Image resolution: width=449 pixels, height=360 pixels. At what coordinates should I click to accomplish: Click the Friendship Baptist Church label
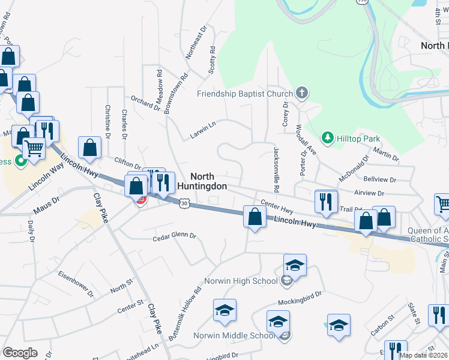[245, 94]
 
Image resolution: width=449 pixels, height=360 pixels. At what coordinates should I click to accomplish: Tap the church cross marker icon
[301, 93]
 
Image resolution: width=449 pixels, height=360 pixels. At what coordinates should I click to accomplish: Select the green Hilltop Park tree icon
[328, 139]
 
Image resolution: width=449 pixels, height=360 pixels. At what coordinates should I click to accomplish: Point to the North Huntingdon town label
[209, 181]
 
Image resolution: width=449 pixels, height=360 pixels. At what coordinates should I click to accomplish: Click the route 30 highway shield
[184, 205]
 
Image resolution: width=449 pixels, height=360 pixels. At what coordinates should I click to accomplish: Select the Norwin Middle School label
[234, 335]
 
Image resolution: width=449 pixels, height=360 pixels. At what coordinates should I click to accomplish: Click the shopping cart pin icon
[34, 147]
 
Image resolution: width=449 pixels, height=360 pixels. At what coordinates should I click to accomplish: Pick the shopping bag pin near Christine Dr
[89, 148]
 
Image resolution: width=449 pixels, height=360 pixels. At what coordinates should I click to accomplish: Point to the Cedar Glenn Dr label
[174, 236]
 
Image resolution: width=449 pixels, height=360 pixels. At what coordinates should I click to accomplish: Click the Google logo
[20, 353]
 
